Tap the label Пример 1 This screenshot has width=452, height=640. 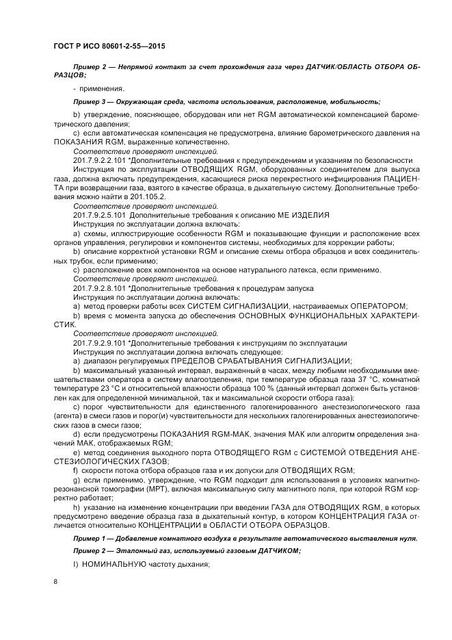89,539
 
